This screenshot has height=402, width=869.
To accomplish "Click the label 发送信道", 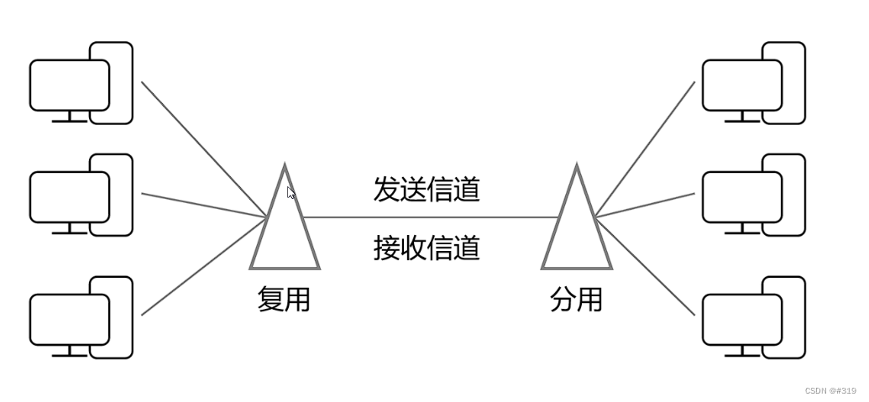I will click(427, 190).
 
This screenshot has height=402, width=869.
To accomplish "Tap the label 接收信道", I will click(427, 248).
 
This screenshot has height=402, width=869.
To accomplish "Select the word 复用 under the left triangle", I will click(284, 299).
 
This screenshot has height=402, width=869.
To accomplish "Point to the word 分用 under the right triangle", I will click(576, 299).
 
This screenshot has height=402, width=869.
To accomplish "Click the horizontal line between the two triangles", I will click(428, 217).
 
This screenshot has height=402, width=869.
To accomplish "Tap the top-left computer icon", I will click(81, 83).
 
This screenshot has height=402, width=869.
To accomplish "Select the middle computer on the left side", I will click(81, 195).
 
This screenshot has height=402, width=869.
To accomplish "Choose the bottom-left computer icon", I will click(81, 317).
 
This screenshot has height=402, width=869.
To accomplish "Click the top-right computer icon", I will click(753, 83).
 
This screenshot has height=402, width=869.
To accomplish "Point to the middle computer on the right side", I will click(753, 195).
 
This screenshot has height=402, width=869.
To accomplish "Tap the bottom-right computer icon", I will click(753, 317).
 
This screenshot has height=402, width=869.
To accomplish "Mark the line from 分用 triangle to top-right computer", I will click(645, 149).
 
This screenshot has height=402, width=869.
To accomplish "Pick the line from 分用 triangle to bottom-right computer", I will click(645, 266).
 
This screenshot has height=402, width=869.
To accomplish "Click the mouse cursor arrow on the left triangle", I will click(291, 192).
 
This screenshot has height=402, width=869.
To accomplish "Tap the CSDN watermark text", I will click(830, 391).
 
